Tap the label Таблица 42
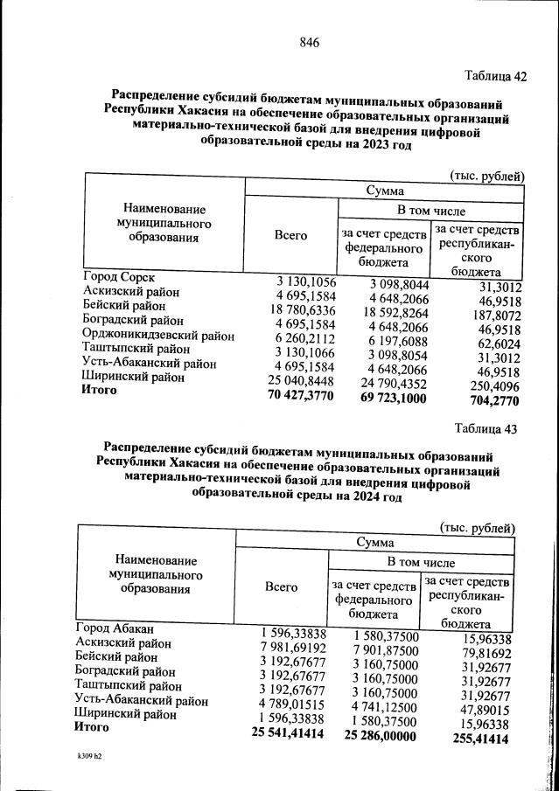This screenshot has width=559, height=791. [x=496, y=76]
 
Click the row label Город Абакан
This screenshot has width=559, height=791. [x=115, y=628]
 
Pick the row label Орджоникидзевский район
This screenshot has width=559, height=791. [x=158, y=335]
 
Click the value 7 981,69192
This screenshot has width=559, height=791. [x=292, y=648]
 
